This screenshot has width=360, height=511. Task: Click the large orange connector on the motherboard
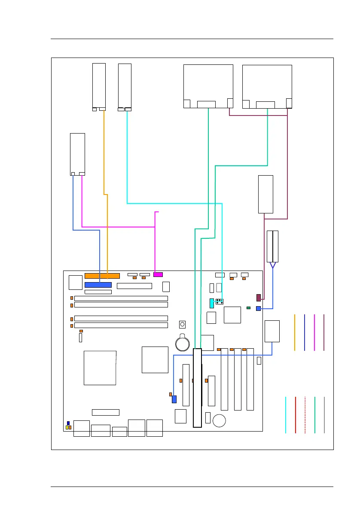click(102, 275)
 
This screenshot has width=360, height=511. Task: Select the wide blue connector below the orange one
click(98, 285)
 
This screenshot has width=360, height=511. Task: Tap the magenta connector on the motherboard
click(158, 274)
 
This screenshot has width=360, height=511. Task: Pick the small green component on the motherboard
click(249, 308)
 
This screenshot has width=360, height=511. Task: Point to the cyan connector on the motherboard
click(212, 303)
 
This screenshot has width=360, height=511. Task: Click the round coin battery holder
click(183, 342)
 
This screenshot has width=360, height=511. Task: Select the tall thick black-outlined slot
click(197, 388)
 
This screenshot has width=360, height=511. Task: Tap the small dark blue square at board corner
click(68, 423)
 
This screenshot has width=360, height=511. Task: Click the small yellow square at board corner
click(67, 428)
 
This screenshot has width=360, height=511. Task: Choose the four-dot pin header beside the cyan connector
click(219, 301)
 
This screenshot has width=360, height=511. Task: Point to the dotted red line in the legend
click(305, 415)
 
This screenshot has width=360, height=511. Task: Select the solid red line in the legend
click(296, 415)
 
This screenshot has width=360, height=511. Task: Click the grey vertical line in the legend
click(324, 415)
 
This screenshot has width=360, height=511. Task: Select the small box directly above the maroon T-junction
click(265, 194)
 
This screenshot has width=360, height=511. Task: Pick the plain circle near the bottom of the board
click(220, 420)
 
